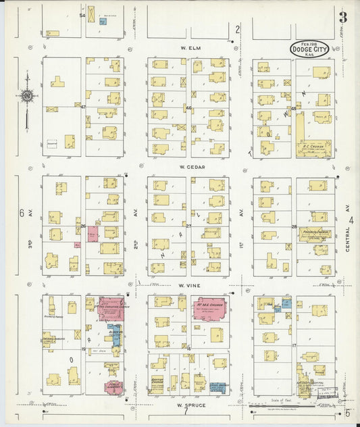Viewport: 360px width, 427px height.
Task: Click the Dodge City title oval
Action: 313,49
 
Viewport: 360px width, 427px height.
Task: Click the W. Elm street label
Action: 188,49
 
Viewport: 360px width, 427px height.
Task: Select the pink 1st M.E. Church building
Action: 211,308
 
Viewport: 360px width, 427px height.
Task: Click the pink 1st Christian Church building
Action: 111,307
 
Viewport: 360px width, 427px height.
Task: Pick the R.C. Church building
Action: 314,148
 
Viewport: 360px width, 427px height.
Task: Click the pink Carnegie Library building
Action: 113,387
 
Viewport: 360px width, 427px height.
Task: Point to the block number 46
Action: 188,108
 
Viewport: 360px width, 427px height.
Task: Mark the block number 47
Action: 83,107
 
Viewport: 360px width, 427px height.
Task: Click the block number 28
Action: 294,226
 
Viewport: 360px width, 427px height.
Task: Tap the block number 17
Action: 294,346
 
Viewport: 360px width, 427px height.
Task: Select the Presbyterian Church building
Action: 314,234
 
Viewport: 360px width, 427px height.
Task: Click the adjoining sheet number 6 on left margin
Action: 22,214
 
